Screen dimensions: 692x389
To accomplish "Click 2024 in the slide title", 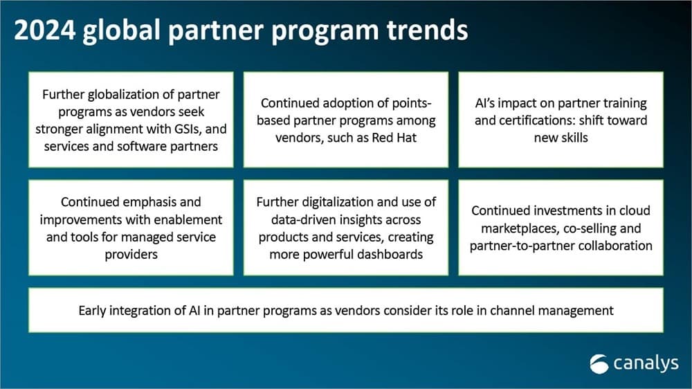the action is point(44,30).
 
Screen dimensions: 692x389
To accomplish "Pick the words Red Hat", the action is point(394,138).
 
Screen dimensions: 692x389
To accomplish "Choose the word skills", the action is point(573,138).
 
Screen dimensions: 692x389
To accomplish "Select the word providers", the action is point(131,255).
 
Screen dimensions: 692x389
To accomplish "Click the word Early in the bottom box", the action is point(92,311).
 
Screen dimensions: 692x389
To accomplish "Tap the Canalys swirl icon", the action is point(599,364).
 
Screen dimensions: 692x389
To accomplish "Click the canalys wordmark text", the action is point(646,363).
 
